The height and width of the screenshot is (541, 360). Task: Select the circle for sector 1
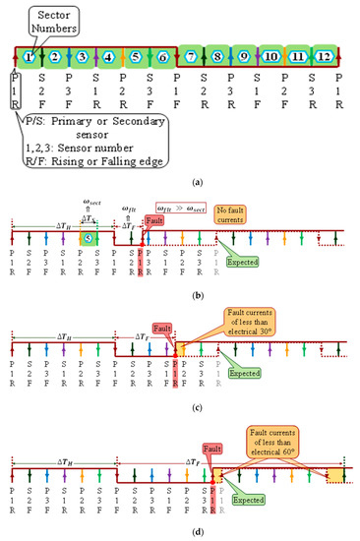click(30, 57)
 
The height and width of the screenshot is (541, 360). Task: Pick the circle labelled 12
click(324, 57)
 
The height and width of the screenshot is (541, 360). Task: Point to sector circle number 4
click(109, 57)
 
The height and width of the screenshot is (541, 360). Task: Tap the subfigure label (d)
click(179, 532)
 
